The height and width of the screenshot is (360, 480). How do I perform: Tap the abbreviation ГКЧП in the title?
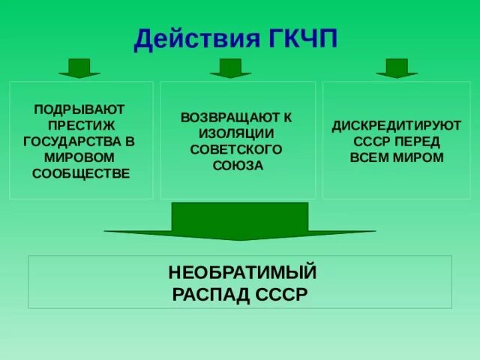[301, 37]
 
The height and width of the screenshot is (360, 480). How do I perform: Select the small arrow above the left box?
[79, 68]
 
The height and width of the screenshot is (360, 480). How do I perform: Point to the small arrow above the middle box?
[230, 68]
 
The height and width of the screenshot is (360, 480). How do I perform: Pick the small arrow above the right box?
[396, 68]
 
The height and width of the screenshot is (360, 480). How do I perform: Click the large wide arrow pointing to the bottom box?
[239, 222]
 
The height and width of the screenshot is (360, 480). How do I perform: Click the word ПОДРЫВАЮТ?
[79, 109]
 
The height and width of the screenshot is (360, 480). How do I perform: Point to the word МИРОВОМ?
[79, 157]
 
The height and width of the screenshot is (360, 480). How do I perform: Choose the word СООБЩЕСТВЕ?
[81, 173]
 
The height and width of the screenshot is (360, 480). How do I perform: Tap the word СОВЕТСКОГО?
[236, 149]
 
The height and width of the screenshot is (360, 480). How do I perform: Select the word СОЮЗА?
[237, 165]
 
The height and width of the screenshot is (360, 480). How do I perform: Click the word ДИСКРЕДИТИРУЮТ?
[397, 126]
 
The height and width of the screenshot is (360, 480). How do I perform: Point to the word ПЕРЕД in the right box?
[421, 142]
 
